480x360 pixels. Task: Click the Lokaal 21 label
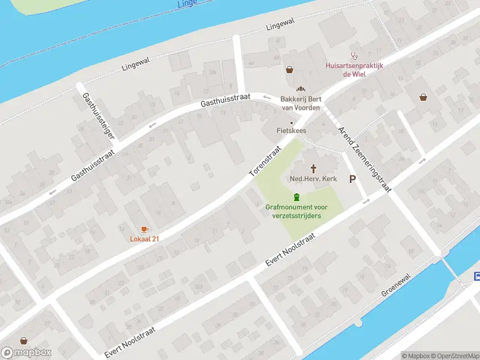(x=144, y=239)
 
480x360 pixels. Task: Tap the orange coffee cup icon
(x=144, y=229)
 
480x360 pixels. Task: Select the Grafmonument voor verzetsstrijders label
(x=296, y=211)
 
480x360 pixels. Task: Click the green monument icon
(x=296, y=197)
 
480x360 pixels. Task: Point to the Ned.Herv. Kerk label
(x=313, y=179)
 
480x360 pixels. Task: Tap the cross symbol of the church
(x=313, y=169)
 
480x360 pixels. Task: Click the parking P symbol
(x=352, y=179)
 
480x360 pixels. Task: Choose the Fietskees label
(x=292, y=130)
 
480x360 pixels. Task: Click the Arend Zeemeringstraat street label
(x=364, y=159)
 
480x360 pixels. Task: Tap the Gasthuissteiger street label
(x=98, y=117)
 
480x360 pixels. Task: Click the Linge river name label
(x=188, y=4)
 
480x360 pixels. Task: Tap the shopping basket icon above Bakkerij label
(x=290, y=70)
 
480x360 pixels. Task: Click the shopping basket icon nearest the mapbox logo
(x=23, y=340)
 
